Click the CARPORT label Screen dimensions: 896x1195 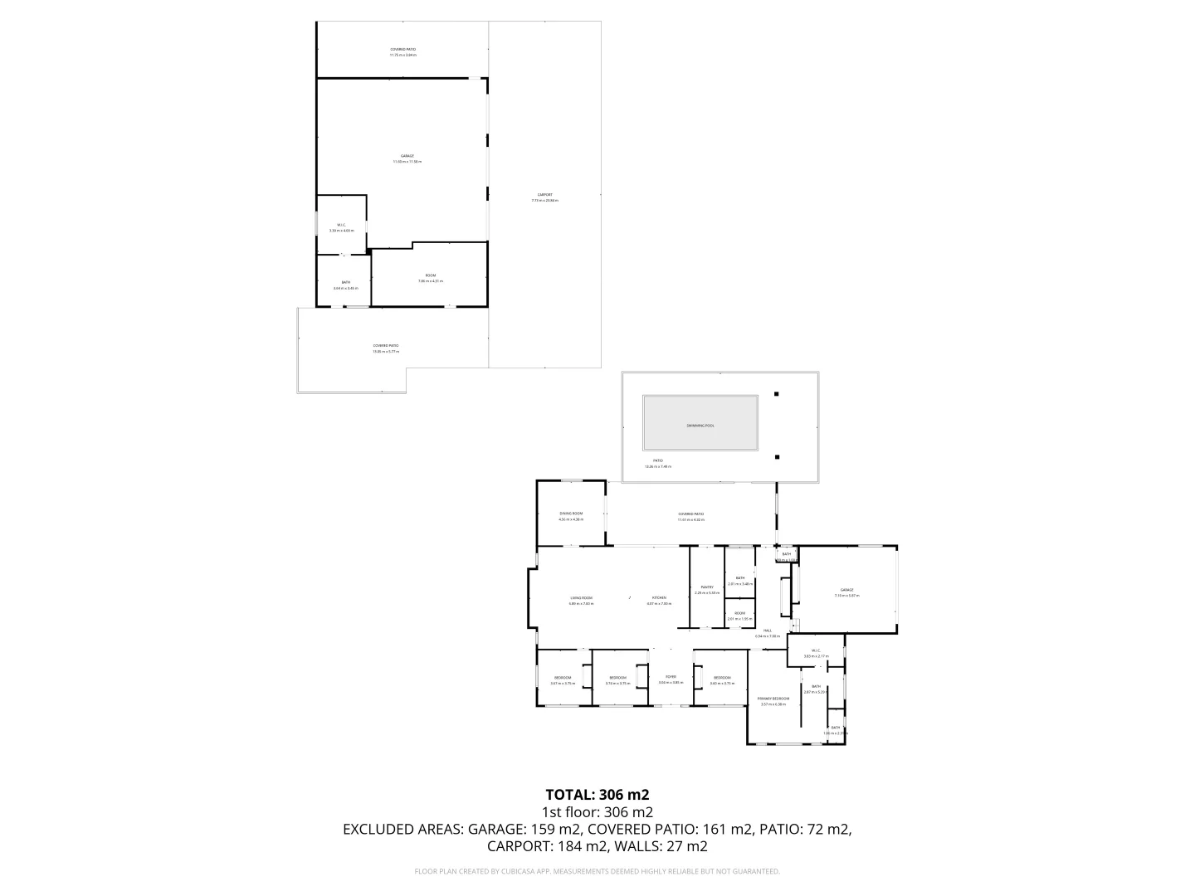544,195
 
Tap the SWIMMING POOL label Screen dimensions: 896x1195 700,426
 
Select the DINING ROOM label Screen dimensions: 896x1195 571,514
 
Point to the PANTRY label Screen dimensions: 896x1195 706,587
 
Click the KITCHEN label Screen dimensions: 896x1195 659,598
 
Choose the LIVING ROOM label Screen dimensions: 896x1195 581,598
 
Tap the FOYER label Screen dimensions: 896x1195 670,677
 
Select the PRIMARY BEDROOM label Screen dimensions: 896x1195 773,699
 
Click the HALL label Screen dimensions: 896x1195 768,631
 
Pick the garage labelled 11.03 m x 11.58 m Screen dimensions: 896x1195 407,156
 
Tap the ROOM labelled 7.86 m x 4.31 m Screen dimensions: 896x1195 430,275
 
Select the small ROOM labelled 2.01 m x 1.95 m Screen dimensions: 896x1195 739,614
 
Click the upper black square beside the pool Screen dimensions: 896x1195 777,394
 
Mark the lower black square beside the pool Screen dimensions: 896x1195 777,456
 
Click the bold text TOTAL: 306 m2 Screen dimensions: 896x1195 597,795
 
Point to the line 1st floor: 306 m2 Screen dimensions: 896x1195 597,812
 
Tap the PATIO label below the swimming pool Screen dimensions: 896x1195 657,461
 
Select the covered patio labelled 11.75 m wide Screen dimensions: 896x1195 403,50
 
